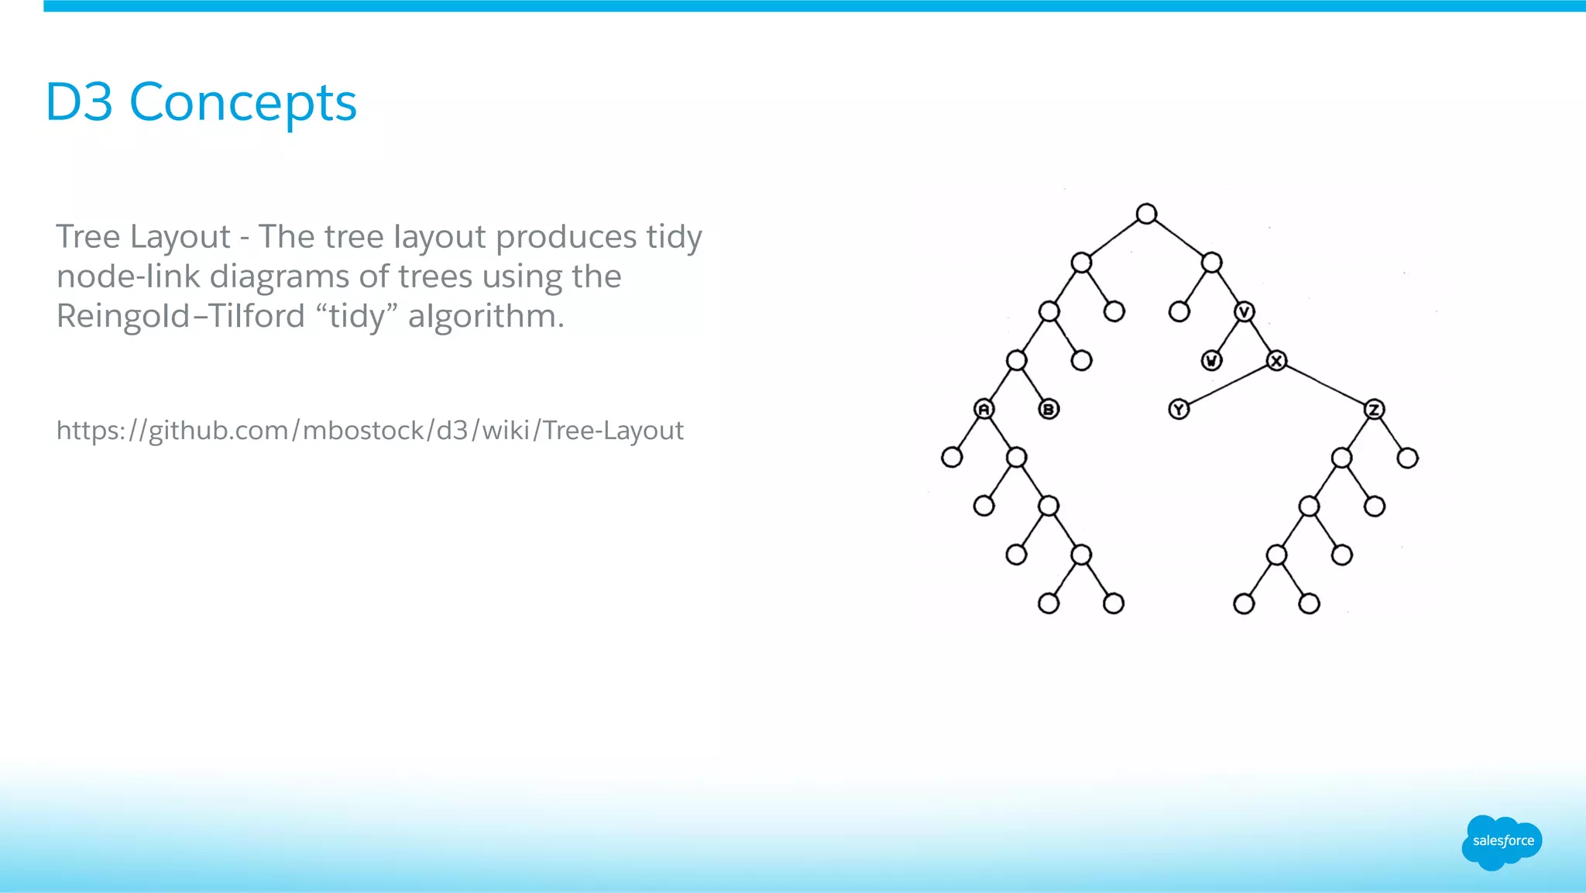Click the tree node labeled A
tap(984, 409)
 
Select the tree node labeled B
tap(1049, 409)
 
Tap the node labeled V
tap(1244, 312)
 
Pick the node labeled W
tap(1211, 361)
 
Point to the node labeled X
tap(1276, 361)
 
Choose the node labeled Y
tap(1179, 409)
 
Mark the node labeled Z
tap(1374, 409)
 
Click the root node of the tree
tap(1146, 214)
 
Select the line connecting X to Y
tap(1227, 385)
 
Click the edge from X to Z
tap(1325, 385)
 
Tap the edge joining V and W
tap(1228, 336)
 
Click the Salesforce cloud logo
tap(1502, 842)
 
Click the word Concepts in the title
tap(242, 102)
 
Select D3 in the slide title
tap(79, 102)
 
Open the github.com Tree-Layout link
tap(369, 431)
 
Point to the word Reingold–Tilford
tap(180, 316)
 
